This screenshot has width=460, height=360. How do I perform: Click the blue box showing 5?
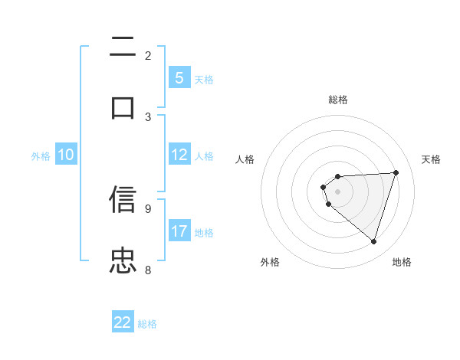[179, 78]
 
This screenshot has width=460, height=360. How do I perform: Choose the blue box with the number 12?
[179, 155]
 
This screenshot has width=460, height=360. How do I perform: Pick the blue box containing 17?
[179, 231]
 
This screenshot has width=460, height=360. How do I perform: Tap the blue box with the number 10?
[65, 155]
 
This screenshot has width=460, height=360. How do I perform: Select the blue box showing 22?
[123, 322]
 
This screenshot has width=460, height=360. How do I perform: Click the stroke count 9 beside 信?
[148, 208]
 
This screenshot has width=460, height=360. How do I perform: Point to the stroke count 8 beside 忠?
[148, 270]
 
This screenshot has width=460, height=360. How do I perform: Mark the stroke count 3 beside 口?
[148, 116]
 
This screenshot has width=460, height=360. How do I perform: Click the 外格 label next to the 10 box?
[41, 156]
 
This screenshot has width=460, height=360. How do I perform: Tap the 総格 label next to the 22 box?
[147, 324]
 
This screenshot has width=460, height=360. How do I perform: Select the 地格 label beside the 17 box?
[204, 233]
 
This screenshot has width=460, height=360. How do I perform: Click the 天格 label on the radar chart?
[431, 159]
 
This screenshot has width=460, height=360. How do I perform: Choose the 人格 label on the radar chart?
[245, 159]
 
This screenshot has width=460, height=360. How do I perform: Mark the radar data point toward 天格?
[396, 172]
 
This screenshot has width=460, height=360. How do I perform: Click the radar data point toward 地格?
[374, 241]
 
